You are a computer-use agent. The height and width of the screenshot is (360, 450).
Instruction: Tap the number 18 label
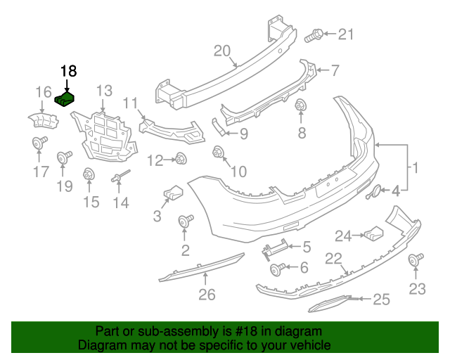click(68, 71)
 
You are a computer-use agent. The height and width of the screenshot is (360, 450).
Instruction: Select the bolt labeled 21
click(314, 34)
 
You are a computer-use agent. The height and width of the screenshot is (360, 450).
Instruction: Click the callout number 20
click(222, 51)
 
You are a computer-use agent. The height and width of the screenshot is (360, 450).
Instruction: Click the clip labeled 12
click(181, 159)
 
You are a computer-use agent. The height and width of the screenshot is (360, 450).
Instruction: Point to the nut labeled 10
click(218, 151)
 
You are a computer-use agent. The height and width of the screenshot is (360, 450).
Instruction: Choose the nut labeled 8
click(301, 107)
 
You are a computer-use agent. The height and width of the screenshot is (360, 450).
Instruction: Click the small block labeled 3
click(172, 191)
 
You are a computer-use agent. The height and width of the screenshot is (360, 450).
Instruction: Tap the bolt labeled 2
click(186, 222)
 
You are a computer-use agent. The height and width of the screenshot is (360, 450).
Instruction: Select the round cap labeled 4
click(375, 191)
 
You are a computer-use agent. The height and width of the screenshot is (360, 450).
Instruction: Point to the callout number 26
click(206, 295)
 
